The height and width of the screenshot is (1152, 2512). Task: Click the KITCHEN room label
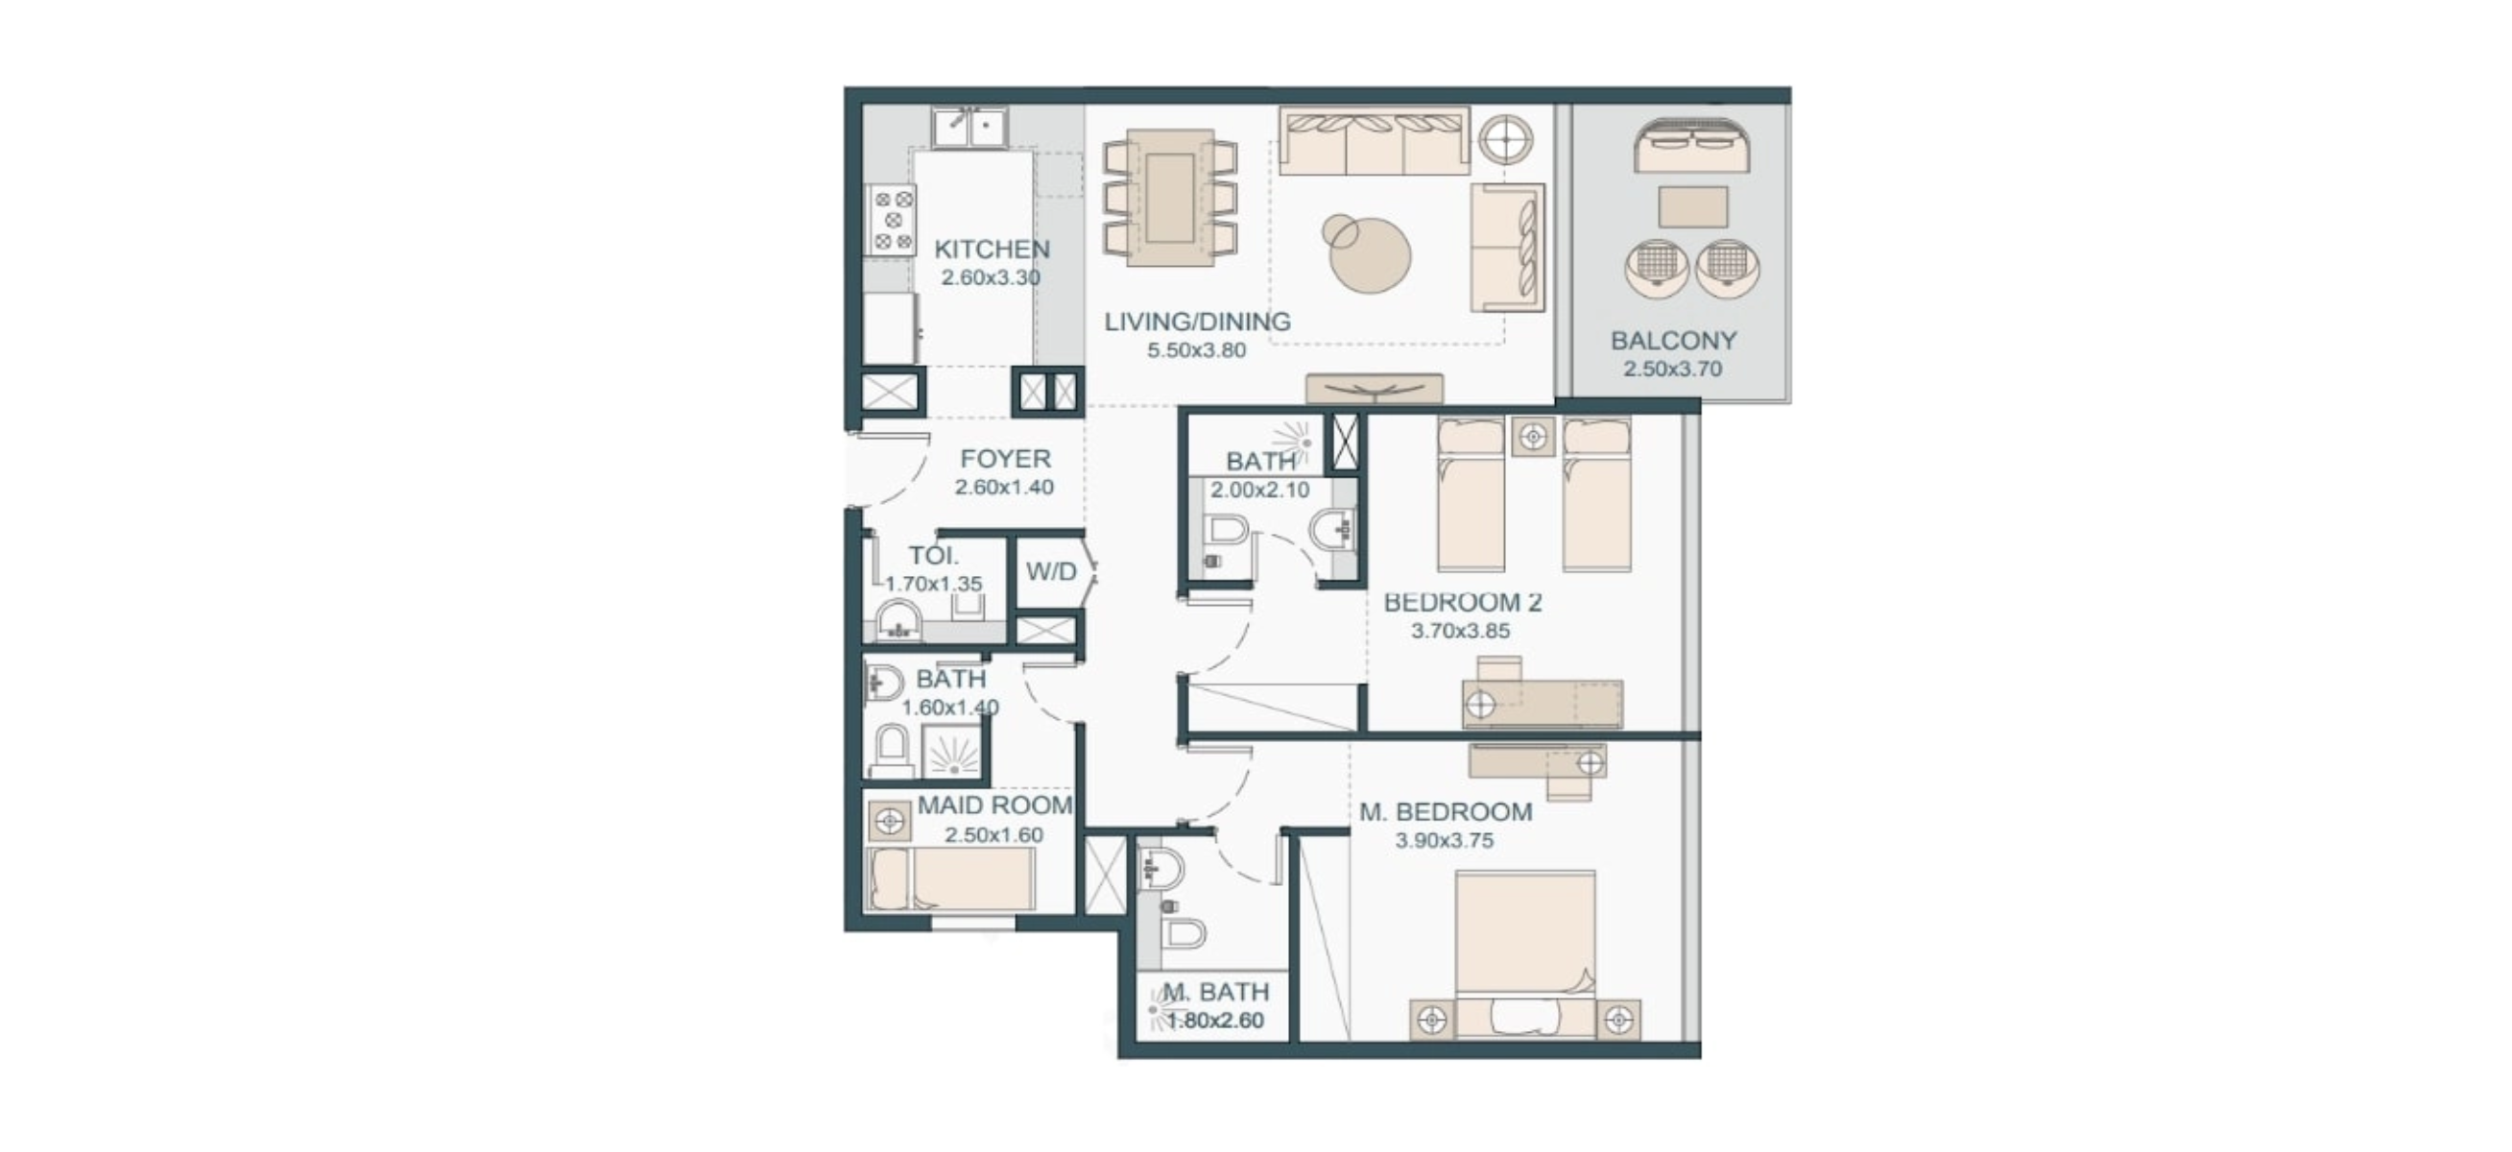992,249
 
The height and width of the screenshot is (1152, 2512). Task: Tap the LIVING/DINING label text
1197,321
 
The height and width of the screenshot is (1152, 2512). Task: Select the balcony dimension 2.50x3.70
1672,369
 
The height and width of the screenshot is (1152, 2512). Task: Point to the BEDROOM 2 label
1463,602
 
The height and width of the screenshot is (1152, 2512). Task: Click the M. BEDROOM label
1446,811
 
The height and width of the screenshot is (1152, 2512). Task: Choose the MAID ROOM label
994,805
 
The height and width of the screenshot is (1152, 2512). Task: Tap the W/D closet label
1051,571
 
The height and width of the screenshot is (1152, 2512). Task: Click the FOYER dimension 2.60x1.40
1004,487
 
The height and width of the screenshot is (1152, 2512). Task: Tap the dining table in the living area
1169,198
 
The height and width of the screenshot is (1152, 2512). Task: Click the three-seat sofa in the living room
1374,140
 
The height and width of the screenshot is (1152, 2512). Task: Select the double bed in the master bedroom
1525,954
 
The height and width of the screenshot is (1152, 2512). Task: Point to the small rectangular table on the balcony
1693,206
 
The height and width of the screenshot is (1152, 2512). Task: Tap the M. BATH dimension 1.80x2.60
1215,1020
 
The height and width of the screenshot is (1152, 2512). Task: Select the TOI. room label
933,556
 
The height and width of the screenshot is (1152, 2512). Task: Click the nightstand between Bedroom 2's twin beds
1533,436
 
